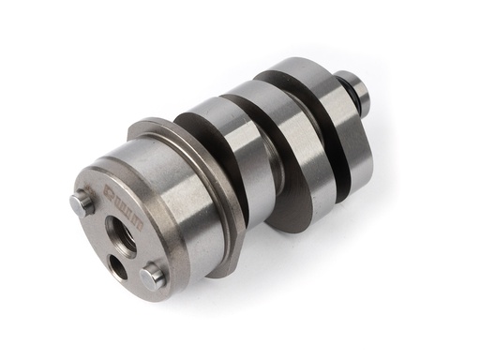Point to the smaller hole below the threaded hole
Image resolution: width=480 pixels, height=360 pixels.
(119, 265)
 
